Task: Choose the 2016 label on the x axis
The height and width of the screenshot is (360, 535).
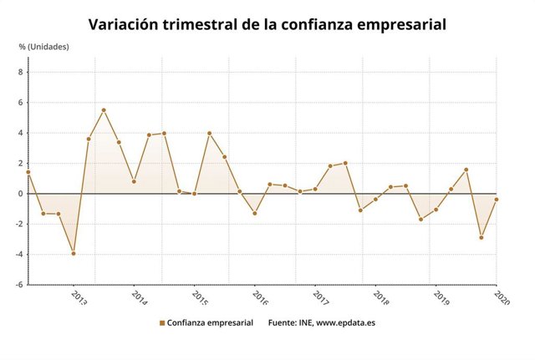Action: [x=260, y=297]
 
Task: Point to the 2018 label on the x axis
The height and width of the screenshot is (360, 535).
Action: [x=381, y=297]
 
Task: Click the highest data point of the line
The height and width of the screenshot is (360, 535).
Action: [x=104, y=110]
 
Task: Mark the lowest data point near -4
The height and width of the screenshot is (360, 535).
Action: [x=74, y=253]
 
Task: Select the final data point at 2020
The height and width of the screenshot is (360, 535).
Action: [x=497, y=200]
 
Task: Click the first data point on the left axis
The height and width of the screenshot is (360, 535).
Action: [x=28, y=172]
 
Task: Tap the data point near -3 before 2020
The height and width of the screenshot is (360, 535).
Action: [x=481, y=237]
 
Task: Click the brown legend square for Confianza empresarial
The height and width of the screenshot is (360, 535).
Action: [x=161, y=322]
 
